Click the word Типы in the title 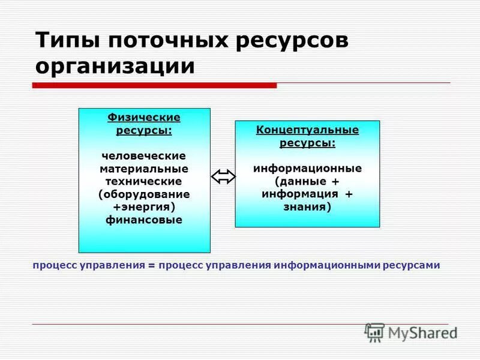tap(68, 41)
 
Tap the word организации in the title tap(115, 66)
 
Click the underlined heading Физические tap(144, 117)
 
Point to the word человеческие tap(144, 156)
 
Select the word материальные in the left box tap(144, 169)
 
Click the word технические tap(144, 181)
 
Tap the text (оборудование tap(144, 194)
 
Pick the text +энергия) tap(144, 207)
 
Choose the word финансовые tap(144, 220)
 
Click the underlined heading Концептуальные tap(307, 130)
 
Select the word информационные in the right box tap(307, 169)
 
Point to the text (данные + tap(307, 181)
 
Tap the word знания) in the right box tap(307, 207)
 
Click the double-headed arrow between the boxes tap(223, 176)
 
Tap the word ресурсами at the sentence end tap(413, 265)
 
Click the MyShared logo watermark tap(411, 332)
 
